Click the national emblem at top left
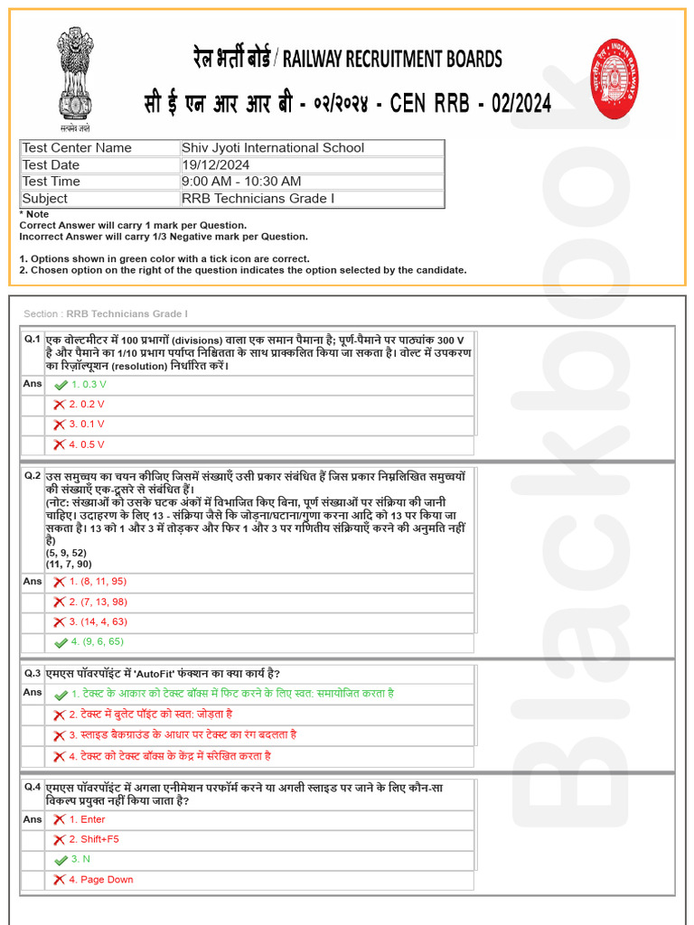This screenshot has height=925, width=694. coord(75,76)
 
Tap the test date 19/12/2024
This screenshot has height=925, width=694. coord(216,165)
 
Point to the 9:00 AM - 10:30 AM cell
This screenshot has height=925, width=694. coord(241,182)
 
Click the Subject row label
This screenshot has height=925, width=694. coord(45,199)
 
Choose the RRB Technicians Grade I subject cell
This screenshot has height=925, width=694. coord(258,199)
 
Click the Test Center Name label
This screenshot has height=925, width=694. coord(77,148)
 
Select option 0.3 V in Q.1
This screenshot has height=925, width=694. coord(89,384)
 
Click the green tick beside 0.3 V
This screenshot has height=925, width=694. coord(61,385)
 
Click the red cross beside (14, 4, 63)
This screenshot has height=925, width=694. coord(59,621)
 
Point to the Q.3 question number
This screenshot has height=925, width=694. coord(33,674)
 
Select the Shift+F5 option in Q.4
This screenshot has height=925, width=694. coord(94,839)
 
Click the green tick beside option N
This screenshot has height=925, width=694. coord(61,860)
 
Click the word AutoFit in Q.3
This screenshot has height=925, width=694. coord(185,674)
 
